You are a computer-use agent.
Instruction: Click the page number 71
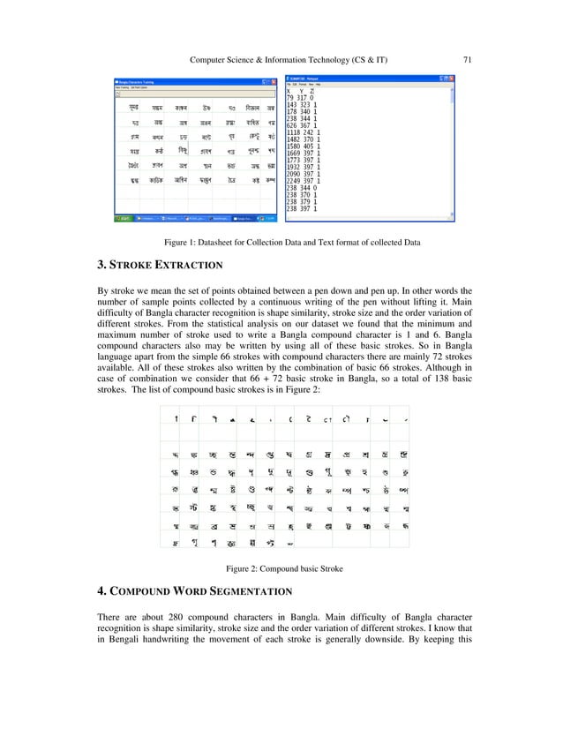[469, 60]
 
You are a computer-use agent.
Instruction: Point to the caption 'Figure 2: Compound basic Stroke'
[281, 567]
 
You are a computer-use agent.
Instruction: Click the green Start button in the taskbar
[123, 216]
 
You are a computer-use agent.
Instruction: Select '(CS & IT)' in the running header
[368, 60]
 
